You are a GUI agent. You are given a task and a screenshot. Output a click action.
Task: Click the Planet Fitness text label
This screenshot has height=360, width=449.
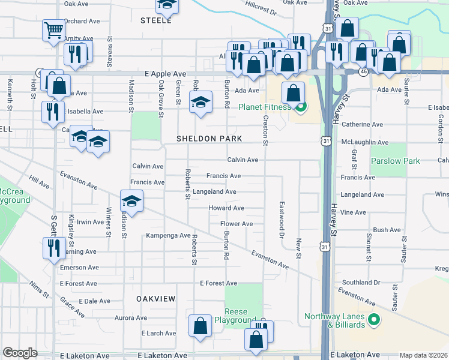(265, 107)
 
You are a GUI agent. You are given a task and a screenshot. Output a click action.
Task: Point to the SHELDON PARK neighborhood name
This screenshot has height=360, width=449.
(209, 139)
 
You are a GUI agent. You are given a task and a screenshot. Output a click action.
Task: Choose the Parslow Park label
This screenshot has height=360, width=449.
(395, 161)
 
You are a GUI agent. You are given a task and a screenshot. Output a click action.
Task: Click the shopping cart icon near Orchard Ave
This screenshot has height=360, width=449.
(53, 29)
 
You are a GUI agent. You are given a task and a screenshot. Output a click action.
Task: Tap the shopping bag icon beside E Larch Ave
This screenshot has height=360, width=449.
(200, 326)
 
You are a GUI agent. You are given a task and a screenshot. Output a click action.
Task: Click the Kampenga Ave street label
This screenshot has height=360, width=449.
(167, 236)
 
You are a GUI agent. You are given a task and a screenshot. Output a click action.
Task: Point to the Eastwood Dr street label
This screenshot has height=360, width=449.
(280, 220)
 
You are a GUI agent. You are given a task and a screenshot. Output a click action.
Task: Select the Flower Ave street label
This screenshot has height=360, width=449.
(237, 224)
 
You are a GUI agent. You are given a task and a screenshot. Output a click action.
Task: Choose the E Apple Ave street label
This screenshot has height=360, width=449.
(166, 74)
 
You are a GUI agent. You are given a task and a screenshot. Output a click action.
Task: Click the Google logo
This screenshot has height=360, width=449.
(20, 353)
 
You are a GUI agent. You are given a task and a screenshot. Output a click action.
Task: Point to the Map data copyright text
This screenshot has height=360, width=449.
(423, 355)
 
